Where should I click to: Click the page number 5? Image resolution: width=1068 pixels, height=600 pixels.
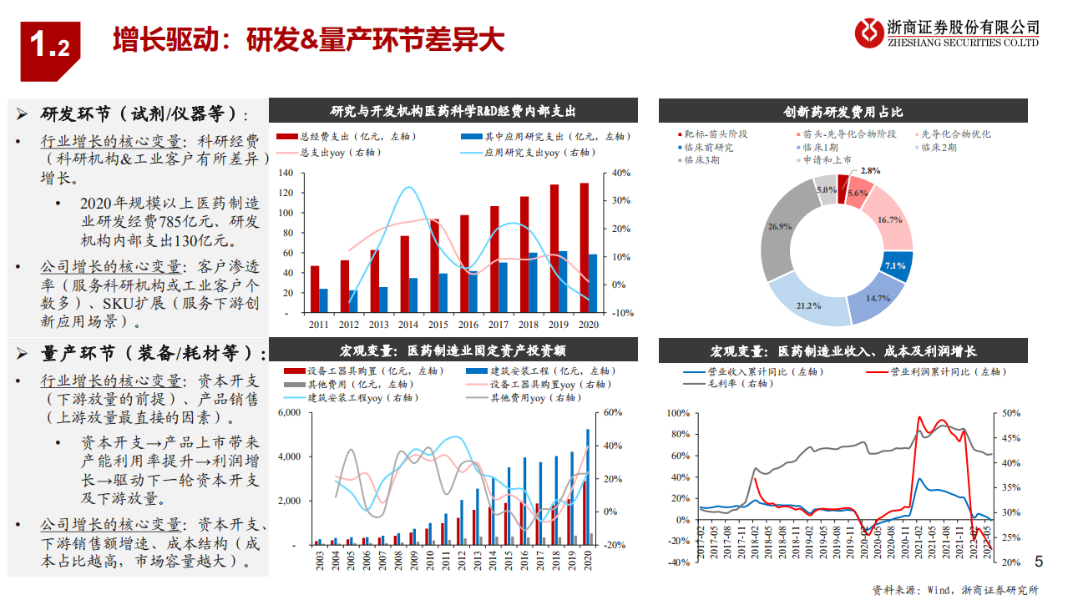point(1039,562)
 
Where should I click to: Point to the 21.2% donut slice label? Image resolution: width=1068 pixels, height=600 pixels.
point(808,306)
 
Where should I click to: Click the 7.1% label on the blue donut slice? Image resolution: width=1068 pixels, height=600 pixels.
point(895,265)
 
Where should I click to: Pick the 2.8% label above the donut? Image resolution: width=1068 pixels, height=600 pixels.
point(870,170)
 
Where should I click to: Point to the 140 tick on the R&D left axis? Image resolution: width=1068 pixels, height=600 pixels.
point(286,173)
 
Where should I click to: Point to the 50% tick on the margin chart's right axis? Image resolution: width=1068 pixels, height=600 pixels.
point(1012,413)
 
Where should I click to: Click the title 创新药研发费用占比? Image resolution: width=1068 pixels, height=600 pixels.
point(843,112)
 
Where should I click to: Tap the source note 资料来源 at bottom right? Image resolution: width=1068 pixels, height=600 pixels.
point(955,589)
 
